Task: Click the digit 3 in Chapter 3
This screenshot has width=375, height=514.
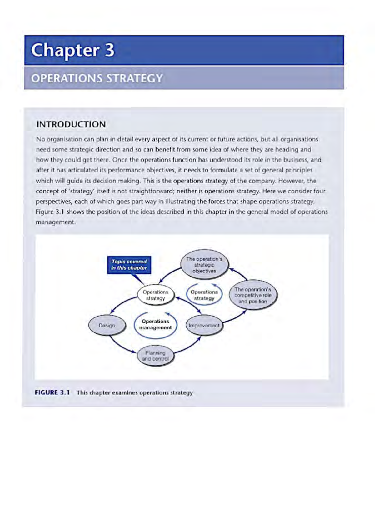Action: pyautogui.click(x=109, y=50)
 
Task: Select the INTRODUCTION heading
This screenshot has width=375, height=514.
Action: pyautogui.click(x=71, y=124)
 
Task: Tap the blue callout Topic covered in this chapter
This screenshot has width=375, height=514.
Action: pyautogui.click(x=129, y=265)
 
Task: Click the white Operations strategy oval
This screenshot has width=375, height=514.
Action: pyautogui.click(x=155, y=295)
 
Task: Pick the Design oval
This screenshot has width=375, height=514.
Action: pyautogui.click(x=107, y=326)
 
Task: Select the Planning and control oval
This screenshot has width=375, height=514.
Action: pyautogui.click(x=155, y=356)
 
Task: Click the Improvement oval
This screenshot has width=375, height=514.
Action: pyautogui.click(x=204, y=326)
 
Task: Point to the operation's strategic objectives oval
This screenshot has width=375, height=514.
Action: pyautogui.click(x=204, y=265)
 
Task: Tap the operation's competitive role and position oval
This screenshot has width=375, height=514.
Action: pyautogui.click(x=253, y=295)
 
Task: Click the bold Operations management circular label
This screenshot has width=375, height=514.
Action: pyautogui.click(x=155, y=324)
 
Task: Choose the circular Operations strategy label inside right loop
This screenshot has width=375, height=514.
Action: pyautogui.click(x=204, y=295)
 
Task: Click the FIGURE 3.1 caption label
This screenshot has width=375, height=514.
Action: pyautogui.click(x=52, y=392)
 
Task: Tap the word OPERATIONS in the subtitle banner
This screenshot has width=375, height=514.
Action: pyautogui.click(x=66, y=78)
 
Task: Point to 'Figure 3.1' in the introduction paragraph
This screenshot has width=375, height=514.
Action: pyautogui.click(x=50, y=212)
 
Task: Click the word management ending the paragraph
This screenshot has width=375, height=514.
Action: pyautogui.click(x=55, y=222)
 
